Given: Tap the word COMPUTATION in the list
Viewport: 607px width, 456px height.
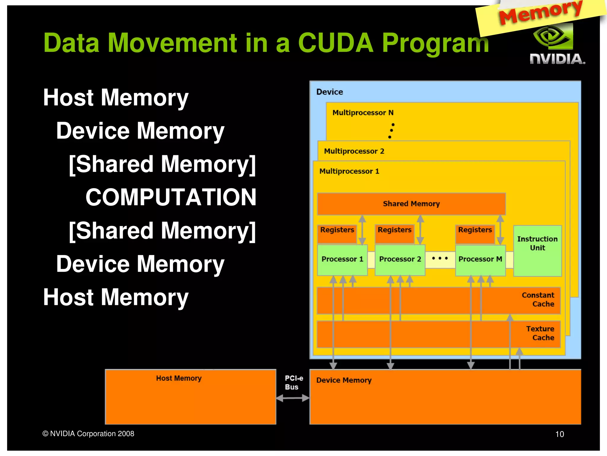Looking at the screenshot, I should pos(171,197).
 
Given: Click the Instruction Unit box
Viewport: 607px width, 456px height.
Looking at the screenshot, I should pos(537,251).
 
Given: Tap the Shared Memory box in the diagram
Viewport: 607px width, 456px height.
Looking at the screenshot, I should pos(411,204).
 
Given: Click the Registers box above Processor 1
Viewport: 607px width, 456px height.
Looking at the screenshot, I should pos(337,234).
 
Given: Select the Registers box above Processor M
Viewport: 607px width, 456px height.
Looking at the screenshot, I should pos(475,234).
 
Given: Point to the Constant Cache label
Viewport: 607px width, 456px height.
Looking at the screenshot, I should pos(538,300).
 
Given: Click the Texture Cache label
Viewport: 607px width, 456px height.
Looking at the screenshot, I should pos(540,333).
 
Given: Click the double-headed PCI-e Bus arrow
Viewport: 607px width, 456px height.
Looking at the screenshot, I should pos(293,398).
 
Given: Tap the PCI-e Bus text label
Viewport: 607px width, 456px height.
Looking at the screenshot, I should pos(293,383).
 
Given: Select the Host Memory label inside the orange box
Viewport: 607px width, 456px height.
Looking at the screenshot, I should pos(179,378).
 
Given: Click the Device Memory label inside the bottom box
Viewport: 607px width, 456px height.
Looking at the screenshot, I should pos(344,380).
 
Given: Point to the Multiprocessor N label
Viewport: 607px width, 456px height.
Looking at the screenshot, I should pos(363,113).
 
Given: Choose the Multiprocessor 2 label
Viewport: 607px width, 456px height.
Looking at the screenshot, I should pos(354,151).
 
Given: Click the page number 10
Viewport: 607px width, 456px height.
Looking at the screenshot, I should pos(559,434).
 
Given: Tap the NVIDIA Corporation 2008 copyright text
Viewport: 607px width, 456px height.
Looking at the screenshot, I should pos(88,434).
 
